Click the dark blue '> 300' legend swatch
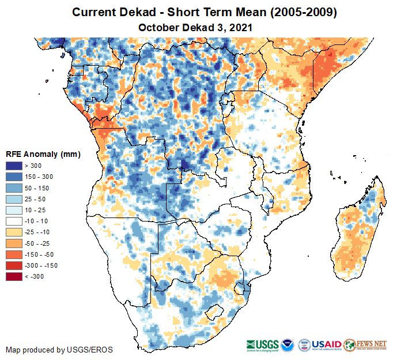[x=14, y=166]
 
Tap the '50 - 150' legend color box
[x=14, y=188]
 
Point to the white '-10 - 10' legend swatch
[x=14, y=221]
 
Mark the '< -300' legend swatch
[x=14, y=276]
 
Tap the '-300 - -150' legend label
[x=41, y=265]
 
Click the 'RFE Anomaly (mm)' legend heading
[x=43, y=155]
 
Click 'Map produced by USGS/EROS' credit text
[x=59, y=350]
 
